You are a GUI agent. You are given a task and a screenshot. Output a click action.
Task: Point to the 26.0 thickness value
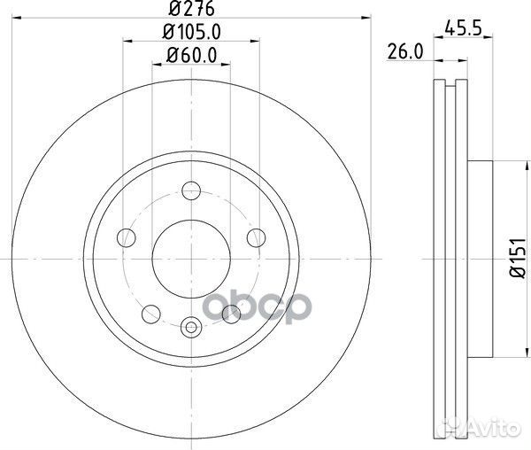click(404, 52)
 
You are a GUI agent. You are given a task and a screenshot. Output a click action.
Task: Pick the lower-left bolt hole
click(151, 313)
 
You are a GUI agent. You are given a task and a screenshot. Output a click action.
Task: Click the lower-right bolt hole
click(232, 313)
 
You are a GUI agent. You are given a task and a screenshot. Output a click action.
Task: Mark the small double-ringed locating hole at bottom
click(191, 330)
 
